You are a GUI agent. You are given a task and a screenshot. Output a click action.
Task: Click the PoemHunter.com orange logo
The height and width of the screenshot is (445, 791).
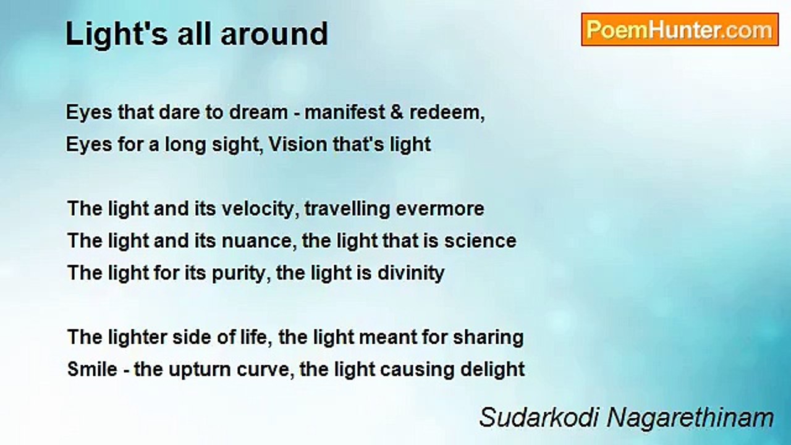(x=680, y=30)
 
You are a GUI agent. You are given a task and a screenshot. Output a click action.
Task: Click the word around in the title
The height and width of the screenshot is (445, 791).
(x=274, y=34)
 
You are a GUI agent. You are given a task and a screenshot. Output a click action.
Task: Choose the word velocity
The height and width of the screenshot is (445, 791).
(x=258, y=210)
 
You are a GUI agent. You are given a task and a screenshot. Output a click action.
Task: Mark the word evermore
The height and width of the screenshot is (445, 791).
(x=439, y=209)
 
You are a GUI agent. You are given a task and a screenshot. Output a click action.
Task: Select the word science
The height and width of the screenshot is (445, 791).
(x=480, y=241)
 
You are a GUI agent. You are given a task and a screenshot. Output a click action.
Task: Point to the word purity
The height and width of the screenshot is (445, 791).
(x=239, y=274)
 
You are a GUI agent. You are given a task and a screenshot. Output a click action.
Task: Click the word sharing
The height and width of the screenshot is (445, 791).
(x=488, y=338)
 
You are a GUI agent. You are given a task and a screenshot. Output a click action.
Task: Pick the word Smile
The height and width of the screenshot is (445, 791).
(x=92, y=370)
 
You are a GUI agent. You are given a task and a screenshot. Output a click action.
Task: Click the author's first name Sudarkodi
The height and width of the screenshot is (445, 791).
(x=539, y=417)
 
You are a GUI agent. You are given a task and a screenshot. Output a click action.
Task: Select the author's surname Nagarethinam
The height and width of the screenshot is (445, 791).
(x=690, y=418)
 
